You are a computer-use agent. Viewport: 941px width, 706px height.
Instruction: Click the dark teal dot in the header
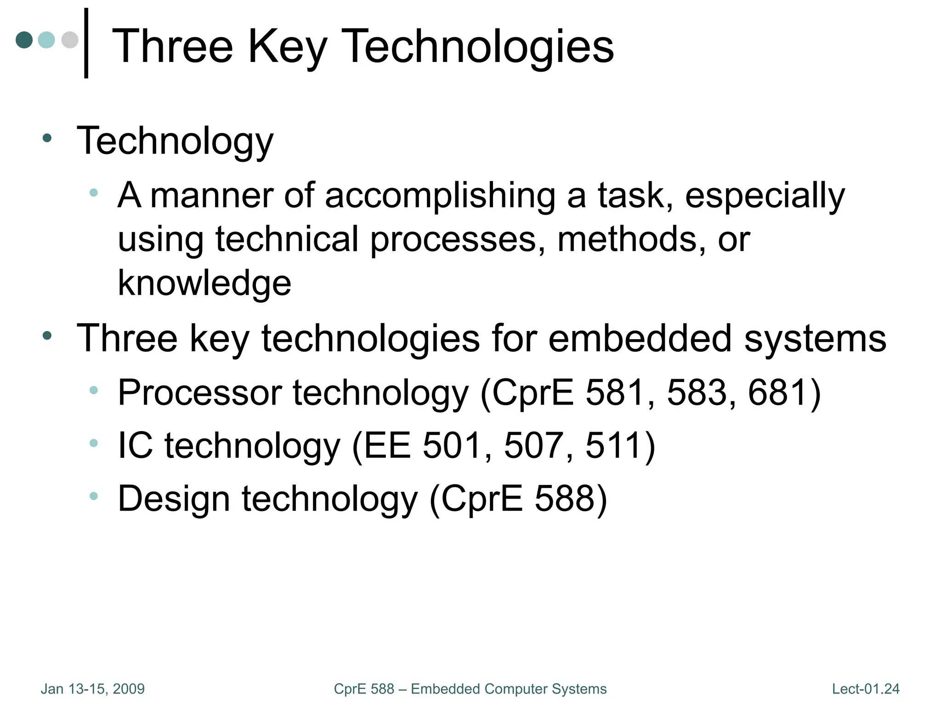tap(24, 40)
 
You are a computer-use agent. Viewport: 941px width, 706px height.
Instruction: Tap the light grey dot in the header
tap(70, 40)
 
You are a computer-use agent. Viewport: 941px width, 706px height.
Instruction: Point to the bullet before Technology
tap(47, 138)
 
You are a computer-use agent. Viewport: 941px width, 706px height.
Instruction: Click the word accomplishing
tap(440, 196)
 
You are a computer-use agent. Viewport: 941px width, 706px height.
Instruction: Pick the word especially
tap(765, 196)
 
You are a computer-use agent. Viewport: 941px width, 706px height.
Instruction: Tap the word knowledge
tap(204, 283)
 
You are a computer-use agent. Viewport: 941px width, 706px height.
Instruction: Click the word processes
tap(453, 239)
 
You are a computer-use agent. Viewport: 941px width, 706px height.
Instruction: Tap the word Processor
tap(200, 393)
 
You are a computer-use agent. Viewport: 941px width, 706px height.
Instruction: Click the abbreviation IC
tap(136, 445)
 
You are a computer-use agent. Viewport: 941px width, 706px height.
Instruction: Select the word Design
tap(174, 499)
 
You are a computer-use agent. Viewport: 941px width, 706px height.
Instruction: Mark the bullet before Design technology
tap(94, 496)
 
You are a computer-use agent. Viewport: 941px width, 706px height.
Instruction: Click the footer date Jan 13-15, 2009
tap(93, 689)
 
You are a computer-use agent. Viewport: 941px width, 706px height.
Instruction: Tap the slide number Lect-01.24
tap(866, 689)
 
